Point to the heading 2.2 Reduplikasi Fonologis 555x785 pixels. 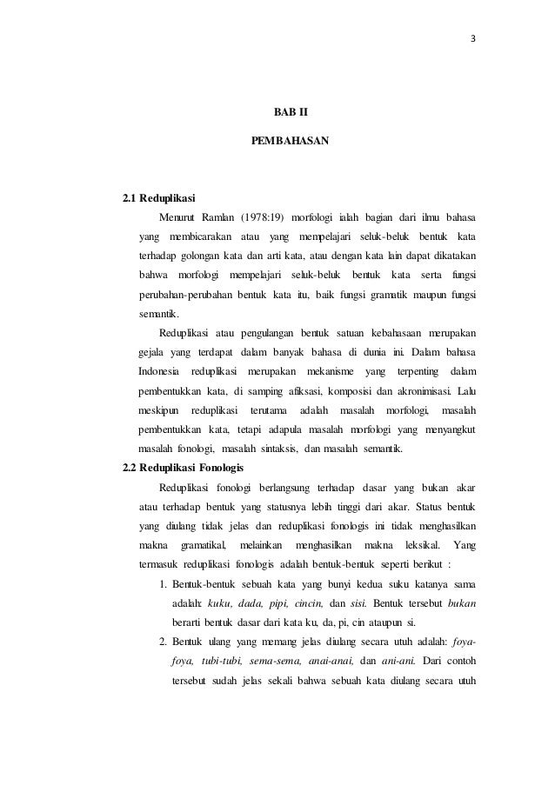[x=185, y=467]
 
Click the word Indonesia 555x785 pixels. [x=158, y=371]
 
